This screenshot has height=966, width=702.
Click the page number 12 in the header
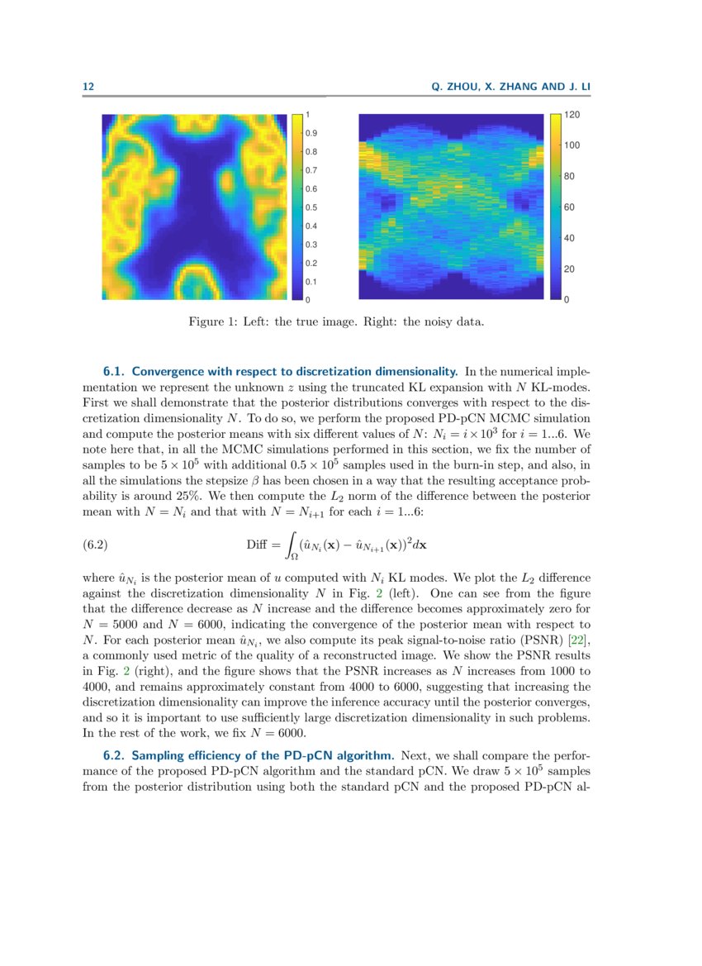pos(88,87)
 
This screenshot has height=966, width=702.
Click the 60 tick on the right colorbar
pos(569,207)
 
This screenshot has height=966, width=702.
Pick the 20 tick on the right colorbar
pos(569,269)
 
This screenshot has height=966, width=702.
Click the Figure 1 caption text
pos(336,321)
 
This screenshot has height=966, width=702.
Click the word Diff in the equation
pos(258,545)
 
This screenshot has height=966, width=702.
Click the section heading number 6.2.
pos(114,755)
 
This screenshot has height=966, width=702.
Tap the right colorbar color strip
pos(556,207)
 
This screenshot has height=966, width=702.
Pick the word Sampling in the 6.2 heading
pos(159,755)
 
